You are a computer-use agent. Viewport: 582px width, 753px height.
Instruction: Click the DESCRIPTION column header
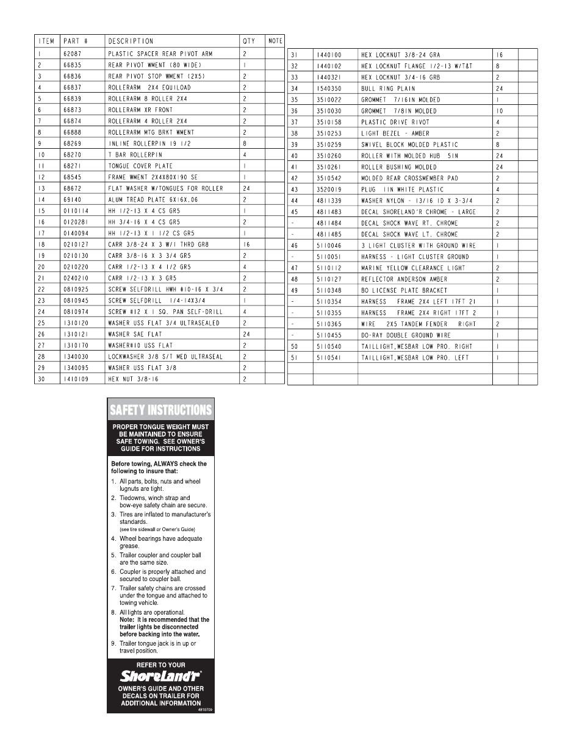click(x=131, y=41)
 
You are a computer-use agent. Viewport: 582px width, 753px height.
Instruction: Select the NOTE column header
click(x=275, y=41)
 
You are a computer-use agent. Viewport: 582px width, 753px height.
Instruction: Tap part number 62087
click(x=72, y=54)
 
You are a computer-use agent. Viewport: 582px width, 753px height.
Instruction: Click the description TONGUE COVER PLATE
click(x=140, y=166)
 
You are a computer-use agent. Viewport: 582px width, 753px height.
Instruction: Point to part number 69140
click(x=72, y=199)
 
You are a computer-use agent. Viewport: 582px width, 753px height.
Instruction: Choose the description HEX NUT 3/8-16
click(x=133, y=379)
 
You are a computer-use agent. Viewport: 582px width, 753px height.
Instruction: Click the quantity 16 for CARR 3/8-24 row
click(x=246, y=244)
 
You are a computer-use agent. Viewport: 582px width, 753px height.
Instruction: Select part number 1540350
click(x=329, y=88)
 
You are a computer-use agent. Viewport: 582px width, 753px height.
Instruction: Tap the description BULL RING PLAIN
click(x=388, y=88)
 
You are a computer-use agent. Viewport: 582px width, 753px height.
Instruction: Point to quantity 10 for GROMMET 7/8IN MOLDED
click(x=500, y=111)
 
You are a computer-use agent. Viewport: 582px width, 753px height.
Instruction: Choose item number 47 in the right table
click(x=295, y=268)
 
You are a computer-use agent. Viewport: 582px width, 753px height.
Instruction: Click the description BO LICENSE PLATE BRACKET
click(x=404, y=291)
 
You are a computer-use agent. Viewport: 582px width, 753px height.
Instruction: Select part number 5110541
click(x=329, y=358)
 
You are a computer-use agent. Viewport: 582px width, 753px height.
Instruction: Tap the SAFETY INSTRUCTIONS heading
click(x=160, y=410)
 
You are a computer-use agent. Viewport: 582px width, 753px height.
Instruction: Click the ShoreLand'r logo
click(x=160, y=676)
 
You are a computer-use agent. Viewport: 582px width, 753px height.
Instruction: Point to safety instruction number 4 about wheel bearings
click(x=160, y=542)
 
